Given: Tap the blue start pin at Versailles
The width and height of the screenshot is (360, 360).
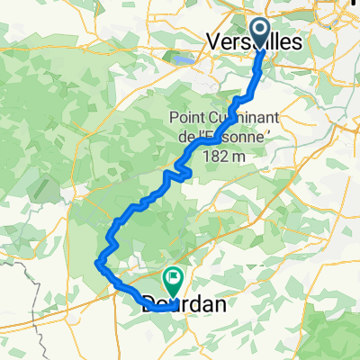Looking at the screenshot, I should pos(261,33).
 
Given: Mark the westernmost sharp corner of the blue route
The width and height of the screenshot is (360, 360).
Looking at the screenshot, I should pos(95,262).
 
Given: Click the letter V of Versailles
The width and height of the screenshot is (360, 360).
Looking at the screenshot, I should pos(213,41).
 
